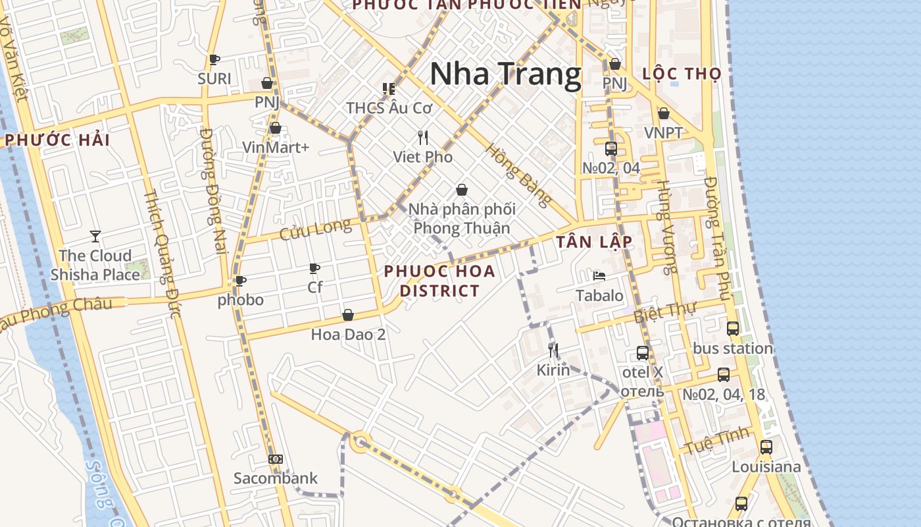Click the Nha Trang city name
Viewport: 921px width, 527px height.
click(505, 74)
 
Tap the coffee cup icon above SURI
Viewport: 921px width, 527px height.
click(214, 60)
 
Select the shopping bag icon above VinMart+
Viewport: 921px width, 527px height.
click(276, 128)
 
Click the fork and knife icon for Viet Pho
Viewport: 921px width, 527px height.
click(423, 138)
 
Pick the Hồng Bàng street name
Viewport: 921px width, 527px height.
click(518, 175)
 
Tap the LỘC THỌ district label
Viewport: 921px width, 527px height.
click(682, 74)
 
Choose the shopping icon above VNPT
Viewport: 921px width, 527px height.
click(664, 114)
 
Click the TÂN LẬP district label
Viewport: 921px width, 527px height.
click(594, 242)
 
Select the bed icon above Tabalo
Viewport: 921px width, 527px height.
click(599, 276)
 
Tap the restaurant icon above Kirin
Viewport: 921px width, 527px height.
click(553, 350)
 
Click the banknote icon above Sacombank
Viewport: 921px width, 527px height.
click(276, 459)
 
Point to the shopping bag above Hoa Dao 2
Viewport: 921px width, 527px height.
click(348, 316)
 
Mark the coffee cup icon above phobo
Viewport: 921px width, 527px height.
click(241, 281)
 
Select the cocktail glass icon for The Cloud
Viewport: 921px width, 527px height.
click(95, 236)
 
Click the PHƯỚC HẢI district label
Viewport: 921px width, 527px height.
click(58, 140)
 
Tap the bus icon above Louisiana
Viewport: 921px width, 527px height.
click(766, 447)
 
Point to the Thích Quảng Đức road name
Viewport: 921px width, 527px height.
click(162, 254)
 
